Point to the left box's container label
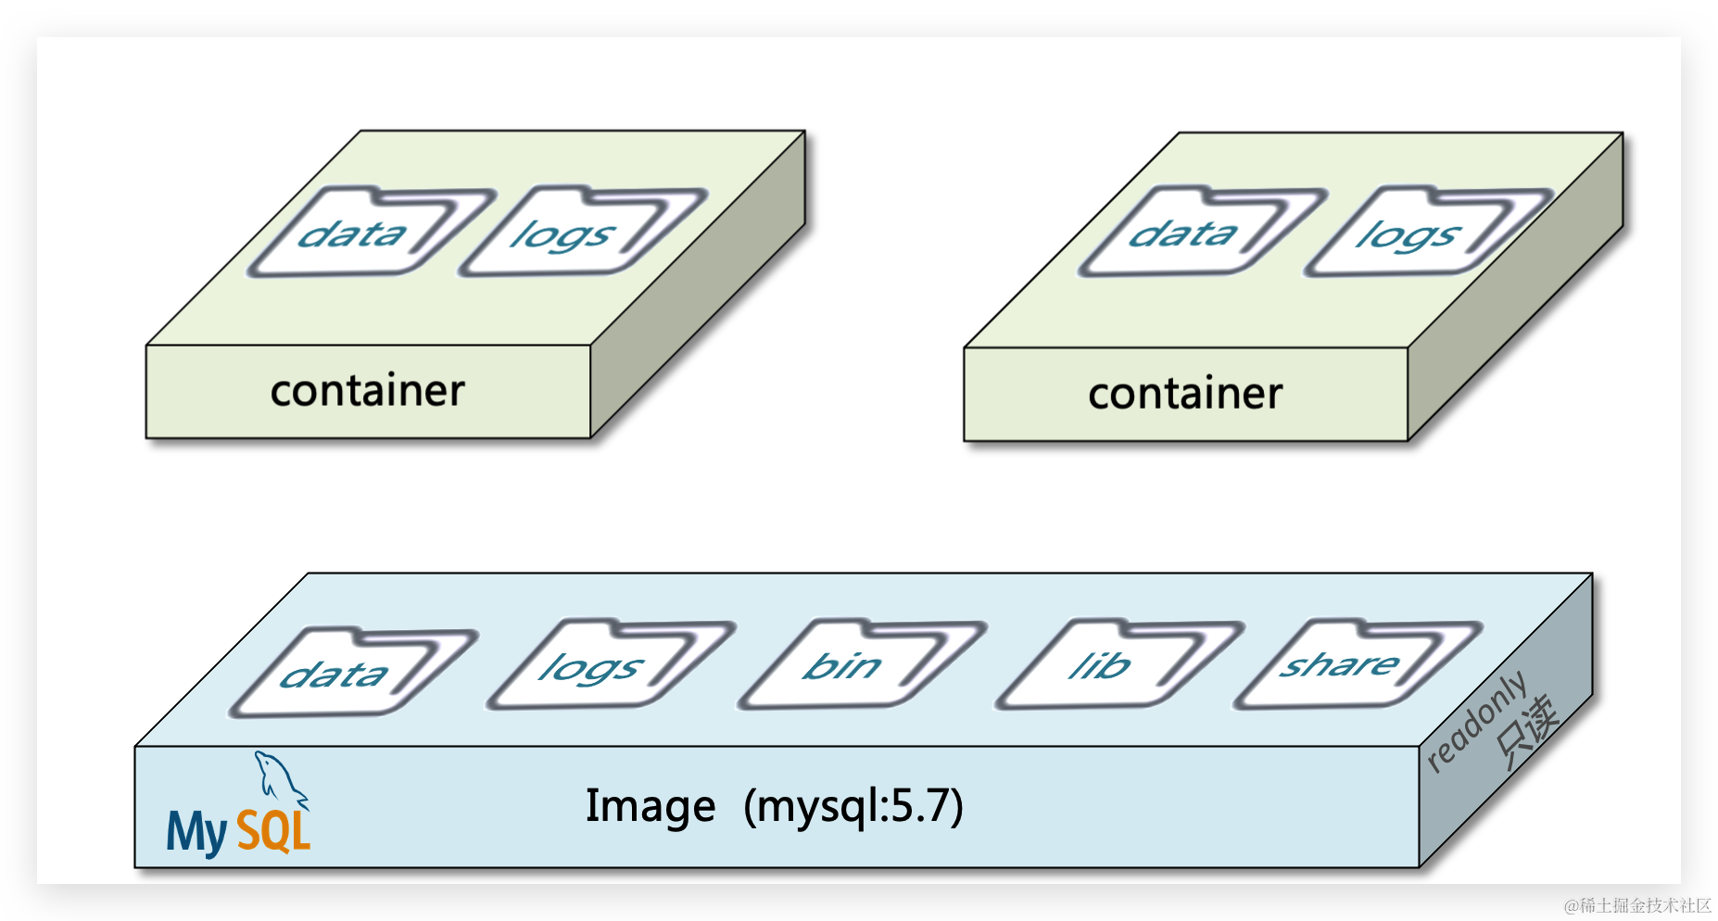(x=368, y=391)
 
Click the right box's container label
(x=1185, y=394)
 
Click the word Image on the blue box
(x=651, y=806)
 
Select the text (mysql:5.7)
(x=853, y=806)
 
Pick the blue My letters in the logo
(x=196, y=831)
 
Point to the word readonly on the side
(x=1476, y=721)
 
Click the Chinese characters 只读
(x=1527, y=732)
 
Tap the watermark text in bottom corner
(x=1637, y=905)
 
